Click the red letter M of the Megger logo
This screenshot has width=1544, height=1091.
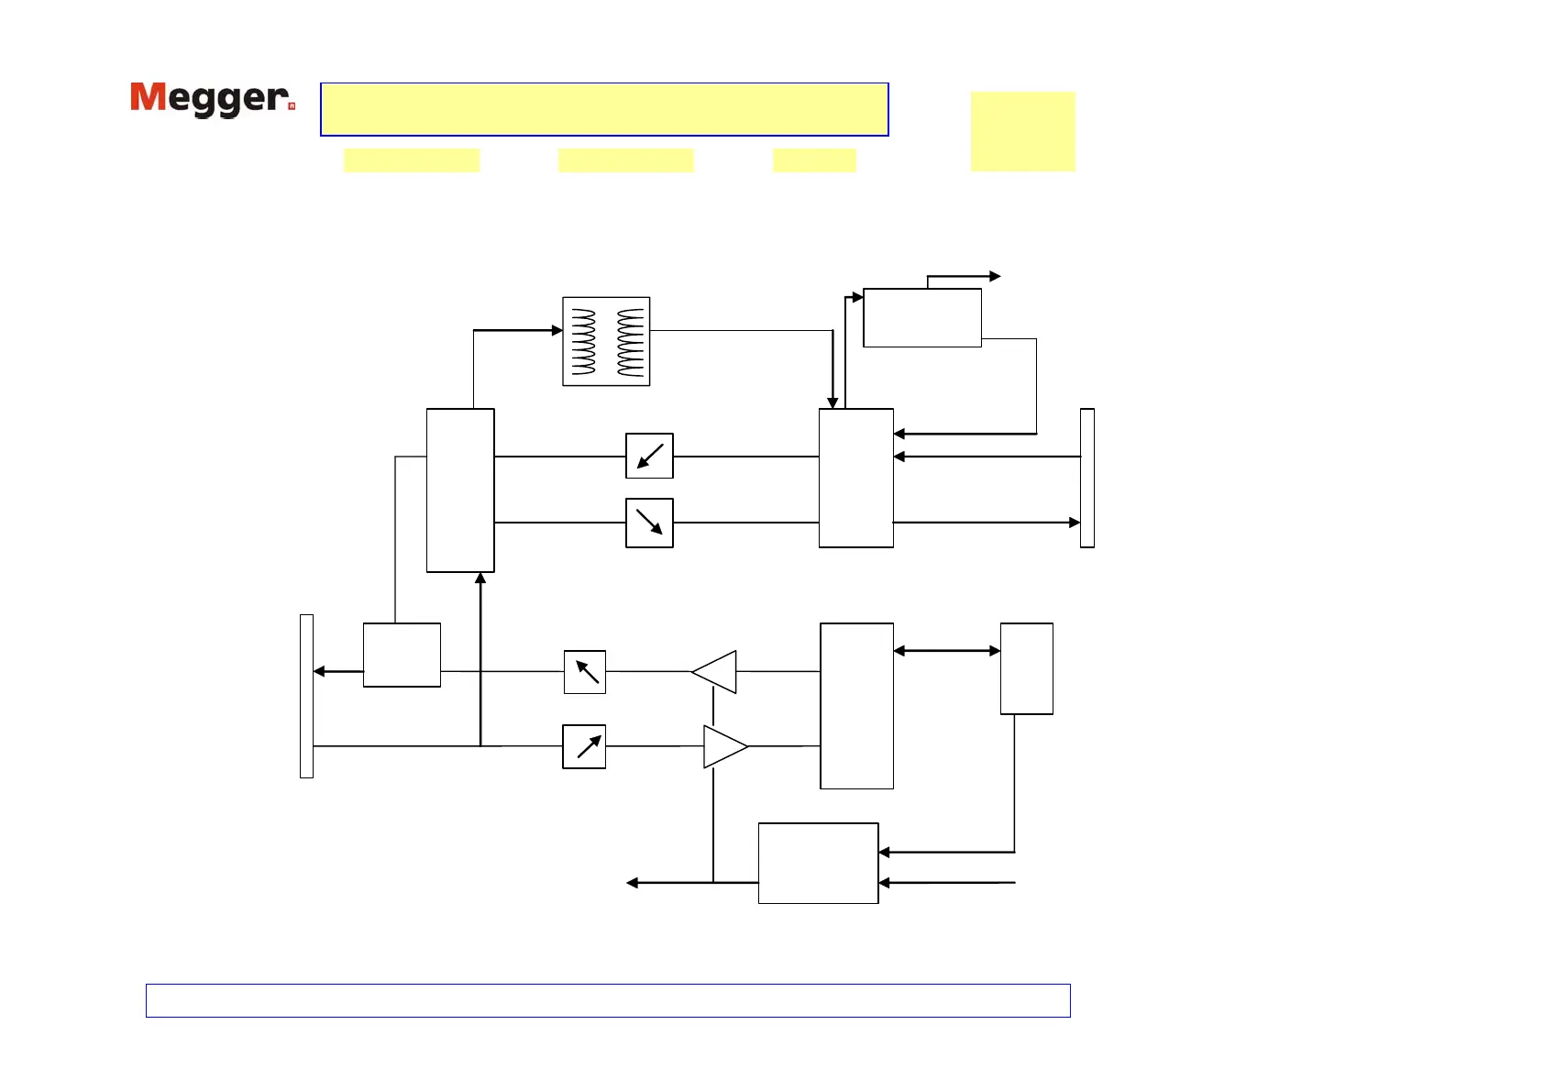pyautogui.click(x=149, y=96)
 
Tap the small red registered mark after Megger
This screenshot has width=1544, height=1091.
pyautogui.click(x=292, y=106)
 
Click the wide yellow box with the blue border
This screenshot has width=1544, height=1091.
pyautogui.click(x=604, y=109)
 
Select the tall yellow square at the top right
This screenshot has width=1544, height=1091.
pyautogui.click(x=1022, y=131)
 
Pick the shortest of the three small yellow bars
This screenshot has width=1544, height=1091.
pyautogui.click(x=814, y=160)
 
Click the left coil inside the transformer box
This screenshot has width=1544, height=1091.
pyautogui.click(x=583, y=341)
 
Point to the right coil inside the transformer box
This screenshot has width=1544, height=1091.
pyautogui.click(x=631, y=341)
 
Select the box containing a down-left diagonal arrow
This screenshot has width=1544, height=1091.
pyautogui.click(x=649, y=456)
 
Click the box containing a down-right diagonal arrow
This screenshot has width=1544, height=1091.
pyautogui.click(x=649, y=523)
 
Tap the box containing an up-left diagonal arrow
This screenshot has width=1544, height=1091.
pyautogui.click(x=585, y=672)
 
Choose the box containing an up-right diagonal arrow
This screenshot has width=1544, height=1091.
pyautogui.click(x=584, y=746)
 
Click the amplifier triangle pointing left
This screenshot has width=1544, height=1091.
pyautogui.click(x=716, y=672)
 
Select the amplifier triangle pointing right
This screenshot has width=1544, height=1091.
pyautogui.click(x=723, y=746)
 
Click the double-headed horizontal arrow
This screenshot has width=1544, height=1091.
pyautogui.click(x=946, y=651)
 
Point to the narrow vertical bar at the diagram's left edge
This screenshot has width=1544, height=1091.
pyautogui.click(x=306, y=696)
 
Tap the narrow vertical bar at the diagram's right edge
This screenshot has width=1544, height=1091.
pyautogui.click(x=1087, y=478)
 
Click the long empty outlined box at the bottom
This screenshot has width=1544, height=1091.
pyautogui.click(x=608, y=1000)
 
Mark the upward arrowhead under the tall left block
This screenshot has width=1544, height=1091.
pyautogui.click(x=480, y=579)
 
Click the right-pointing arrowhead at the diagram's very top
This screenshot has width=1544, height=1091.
pyautogui.click(x=995, y=276)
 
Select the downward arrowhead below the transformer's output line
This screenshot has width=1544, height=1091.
pyautogui.click(x=833, y=402)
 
